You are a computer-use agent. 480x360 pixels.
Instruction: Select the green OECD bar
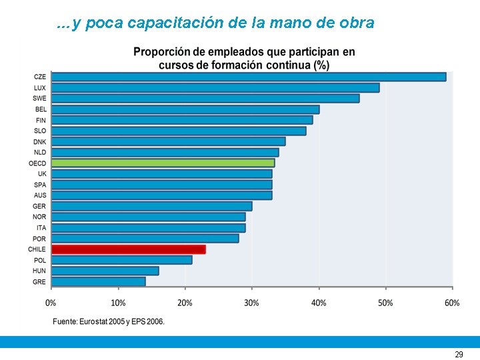(x=163, y=163)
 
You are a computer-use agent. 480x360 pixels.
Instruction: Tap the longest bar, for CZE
(x=248, y=77)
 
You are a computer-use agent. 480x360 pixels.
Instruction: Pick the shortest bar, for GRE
(x=98, y=281)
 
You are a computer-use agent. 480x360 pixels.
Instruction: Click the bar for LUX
(x=215, y=87)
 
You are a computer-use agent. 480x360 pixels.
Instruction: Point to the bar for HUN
(x=105, y=271)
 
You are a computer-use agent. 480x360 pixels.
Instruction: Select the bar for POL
(x=121, y=260)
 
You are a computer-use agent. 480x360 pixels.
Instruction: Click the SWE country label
(x=39, y=99)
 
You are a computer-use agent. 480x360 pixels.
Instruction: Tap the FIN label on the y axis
(x=41, y=120)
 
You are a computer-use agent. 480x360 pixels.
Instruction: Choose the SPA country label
(x=40, y=185)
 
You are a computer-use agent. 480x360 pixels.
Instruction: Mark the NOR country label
(x=39, y=217)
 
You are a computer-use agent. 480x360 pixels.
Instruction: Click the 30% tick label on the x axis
(x=251, y=303)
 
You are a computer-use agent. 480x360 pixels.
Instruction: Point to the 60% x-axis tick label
(x=452, y=303)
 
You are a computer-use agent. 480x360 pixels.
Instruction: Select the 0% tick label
(x=51, y=303)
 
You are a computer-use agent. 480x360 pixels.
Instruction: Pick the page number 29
(x=459, y=355)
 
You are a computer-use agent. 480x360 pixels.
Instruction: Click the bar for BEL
(x=185, y=109)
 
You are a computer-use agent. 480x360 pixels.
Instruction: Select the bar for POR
(x=145, y=239)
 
